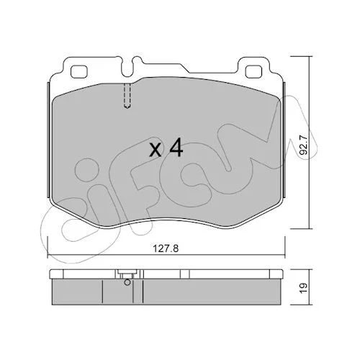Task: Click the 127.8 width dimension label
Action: tap(166, 249)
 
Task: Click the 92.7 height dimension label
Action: tap(305, 145)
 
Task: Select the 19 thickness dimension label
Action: tap(304, 287)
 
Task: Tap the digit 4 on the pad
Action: tap(176, 149)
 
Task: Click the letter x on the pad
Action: tap(155, 150)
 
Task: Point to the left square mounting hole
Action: tap(79, 71)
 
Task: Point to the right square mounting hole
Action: tap(253, 71)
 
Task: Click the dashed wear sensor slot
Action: tap(127, 96)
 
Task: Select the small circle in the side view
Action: tap(127, 282)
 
